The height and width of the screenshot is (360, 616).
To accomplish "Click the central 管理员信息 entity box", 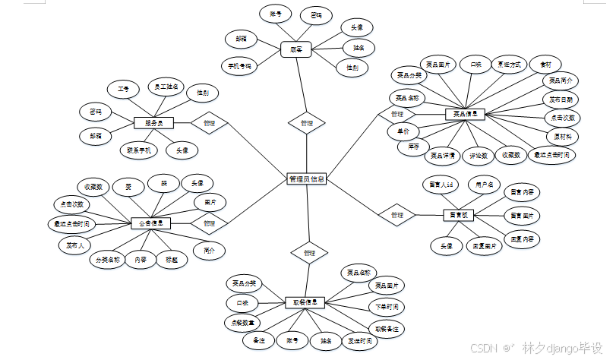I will [x=308, y=180].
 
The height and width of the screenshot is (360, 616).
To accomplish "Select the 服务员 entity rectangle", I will [x=154, y=122].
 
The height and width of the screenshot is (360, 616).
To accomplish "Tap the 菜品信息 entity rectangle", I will [x=465, y=115].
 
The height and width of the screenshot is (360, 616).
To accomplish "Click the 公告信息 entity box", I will [x=150, y=224].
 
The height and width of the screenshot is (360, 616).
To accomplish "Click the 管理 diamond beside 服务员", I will [x=209, y=122].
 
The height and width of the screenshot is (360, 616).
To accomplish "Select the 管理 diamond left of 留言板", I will [x=397, y=215].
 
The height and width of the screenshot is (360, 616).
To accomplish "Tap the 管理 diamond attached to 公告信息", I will [x=209, y=224].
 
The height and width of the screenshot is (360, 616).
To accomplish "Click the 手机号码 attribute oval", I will [x=240, y=66].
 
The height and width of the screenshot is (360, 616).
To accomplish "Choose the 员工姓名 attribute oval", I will [x=163, y=87].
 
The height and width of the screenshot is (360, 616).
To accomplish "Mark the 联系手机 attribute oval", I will [x=140, y=150].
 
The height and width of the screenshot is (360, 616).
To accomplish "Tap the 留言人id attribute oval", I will [x=441, y=185].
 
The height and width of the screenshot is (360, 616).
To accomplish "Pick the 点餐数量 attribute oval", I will [x=241, y=322].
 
